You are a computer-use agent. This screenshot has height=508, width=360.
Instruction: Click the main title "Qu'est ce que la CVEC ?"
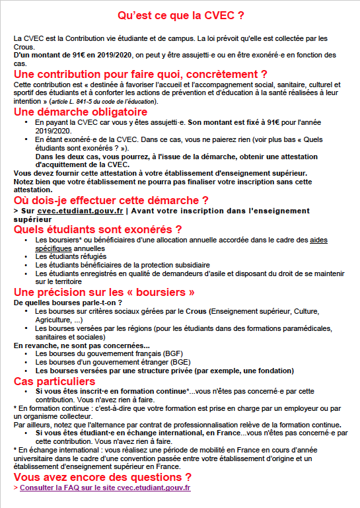180,15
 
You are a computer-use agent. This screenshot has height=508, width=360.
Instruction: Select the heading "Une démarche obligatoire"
81,112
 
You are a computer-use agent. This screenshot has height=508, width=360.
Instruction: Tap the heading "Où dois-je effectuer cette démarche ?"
112,200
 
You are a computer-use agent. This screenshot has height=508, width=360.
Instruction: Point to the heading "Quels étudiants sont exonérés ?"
98,229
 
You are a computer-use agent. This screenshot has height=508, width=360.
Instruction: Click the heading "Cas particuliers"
55,382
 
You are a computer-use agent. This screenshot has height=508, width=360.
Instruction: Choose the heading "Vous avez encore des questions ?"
103,477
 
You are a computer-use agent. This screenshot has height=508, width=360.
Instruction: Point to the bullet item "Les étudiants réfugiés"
71,256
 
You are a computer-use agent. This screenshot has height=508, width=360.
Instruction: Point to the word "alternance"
110,425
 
